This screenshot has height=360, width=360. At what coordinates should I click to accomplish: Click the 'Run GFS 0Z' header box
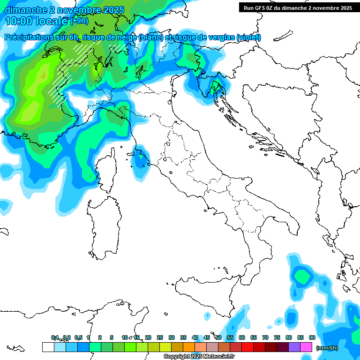coord(297,7)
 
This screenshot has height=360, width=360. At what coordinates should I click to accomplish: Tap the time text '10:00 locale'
coord(37,21)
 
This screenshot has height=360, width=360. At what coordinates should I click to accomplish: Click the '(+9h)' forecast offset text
coord(79,21)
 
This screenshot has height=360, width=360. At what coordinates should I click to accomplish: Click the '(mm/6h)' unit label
coord(327,348)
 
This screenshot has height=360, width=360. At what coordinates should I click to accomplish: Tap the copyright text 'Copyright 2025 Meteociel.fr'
coord(199,357)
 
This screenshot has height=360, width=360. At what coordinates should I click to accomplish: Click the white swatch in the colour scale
coord(48,347)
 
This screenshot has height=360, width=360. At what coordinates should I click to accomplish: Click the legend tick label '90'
coord(312,337)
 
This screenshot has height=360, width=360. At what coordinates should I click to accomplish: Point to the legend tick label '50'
coord(218,337)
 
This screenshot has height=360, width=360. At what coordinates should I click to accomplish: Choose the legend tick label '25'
coord(160,337)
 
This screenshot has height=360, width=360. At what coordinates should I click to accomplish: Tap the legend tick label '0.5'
coord(78,337)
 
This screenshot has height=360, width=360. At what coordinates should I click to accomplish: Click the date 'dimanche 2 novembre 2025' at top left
coord(64,10)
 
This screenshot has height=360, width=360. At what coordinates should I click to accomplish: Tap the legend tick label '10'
coord(125,337)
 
